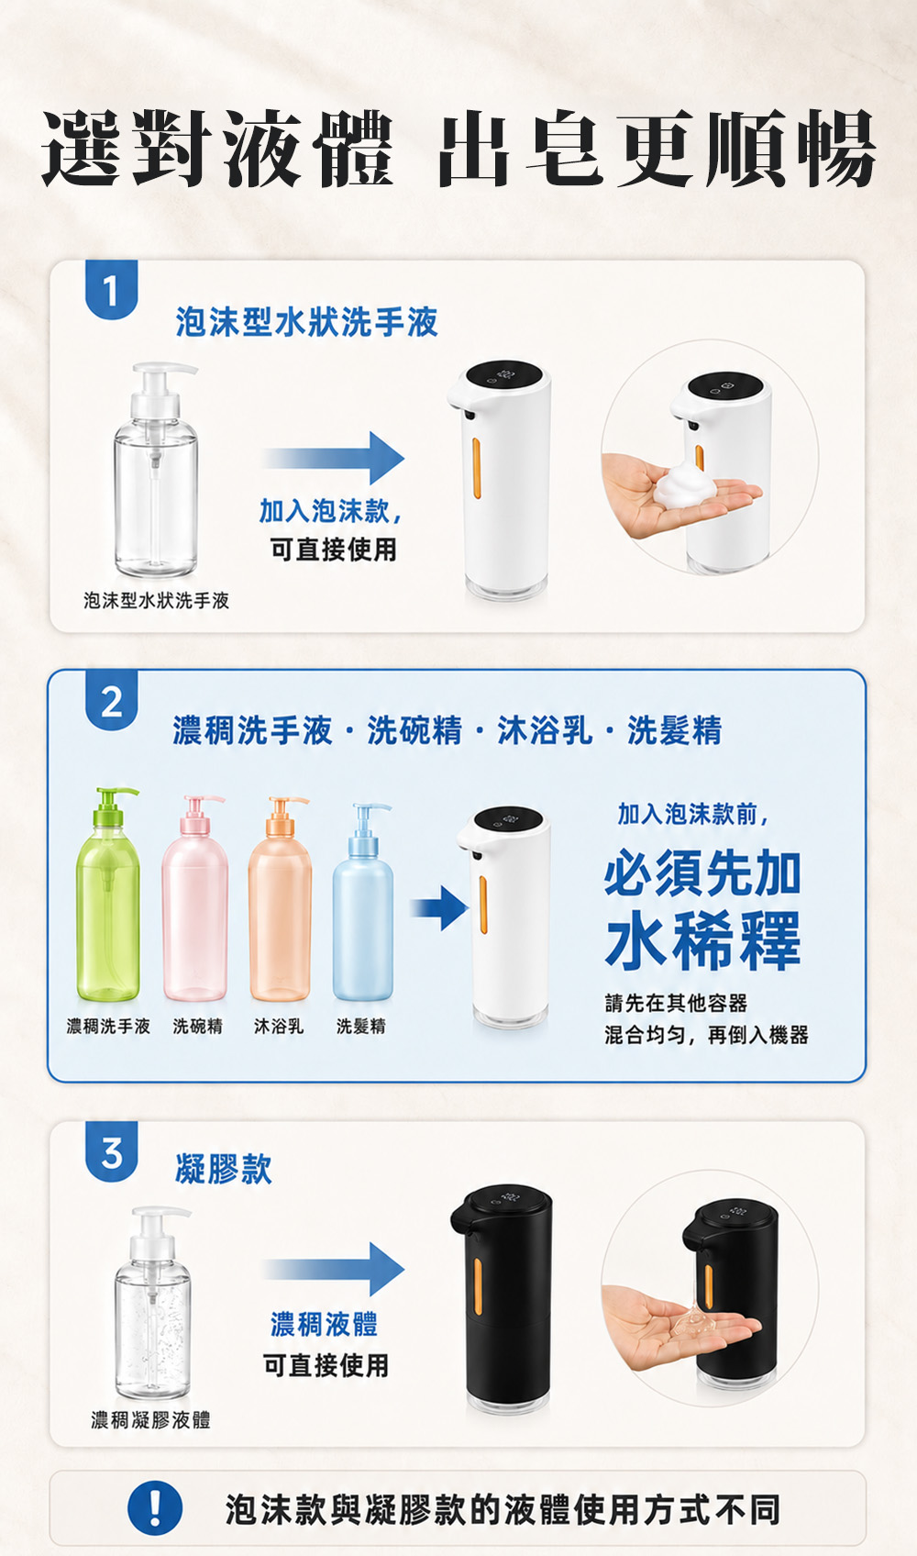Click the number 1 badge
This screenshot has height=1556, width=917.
[111, 289]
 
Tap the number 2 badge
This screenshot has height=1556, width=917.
[111, 699]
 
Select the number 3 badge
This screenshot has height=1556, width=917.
[111, 1151]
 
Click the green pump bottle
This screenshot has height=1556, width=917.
[107, 894]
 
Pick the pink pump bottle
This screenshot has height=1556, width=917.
[194, 898]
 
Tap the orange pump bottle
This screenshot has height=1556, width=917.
[280, 898]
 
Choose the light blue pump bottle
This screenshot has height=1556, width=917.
[363, 902]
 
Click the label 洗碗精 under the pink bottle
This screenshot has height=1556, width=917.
[198, 1026]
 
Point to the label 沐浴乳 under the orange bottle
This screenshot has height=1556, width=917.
[279, 1026]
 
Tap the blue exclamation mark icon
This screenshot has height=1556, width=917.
[155, 1508]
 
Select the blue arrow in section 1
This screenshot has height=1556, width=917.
[333, 458]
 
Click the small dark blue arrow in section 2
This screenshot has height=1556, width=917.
[439, 908]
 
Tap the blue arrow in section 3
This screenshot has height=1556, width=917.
[333, 1269]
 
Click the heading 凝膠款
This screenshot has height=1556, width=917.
[224, 1169]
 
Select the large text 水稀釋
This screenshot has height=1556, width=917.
[703, 940]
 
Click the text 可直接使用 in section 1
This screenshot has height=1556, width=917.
[333, 550]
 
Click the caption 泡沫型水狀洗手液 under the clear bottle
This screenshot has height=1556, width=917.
[156, 600]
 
